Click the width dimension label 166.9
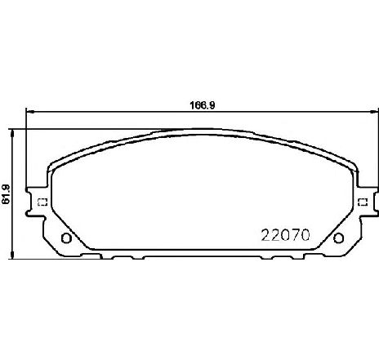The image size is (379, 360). tap(202, 105)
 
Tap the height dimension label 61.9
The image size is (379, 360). tap(6, 194)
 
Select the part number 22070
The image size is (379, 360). tap(285, 235)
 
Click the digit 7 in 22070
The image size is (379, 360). tap(296, 235)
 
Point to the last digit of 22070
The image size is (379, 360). tap(305, 235)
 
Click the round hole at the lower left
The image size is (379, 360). tap(66, 238)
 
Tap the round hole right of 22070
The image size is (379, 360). tap(338, 238)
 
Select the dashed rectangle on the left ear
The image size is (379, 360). tap(42, 202)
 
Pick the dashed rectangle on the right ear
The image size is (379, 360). tap(363, 202)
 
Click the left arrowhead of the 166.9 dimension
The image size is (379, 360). tap(29, 111)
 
